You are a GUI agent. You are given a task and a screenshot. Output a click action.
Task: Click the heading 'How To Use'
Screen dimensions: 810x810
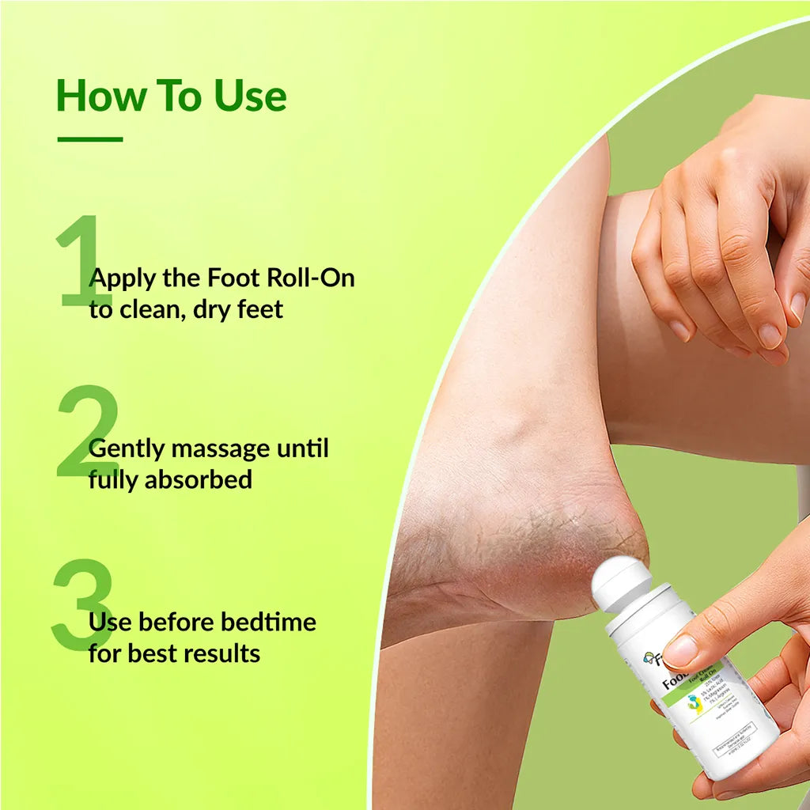171,96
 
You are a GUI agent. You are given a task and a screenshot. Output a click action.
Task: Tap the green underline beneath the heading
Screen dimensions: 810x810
89,139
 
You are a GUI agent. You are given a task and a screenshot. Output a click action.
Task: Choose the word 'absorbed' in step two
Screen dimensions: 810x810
199,479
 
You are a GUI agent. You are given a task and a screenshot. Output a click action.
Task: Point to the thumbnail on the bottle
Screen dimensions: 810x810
679,650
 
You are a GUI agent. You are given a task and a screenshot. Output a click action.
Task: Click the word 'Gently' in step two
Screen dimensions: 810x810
127,449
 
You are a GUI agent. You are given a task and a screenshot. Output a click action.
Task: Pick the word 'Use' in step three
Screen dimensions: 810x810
110,622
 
